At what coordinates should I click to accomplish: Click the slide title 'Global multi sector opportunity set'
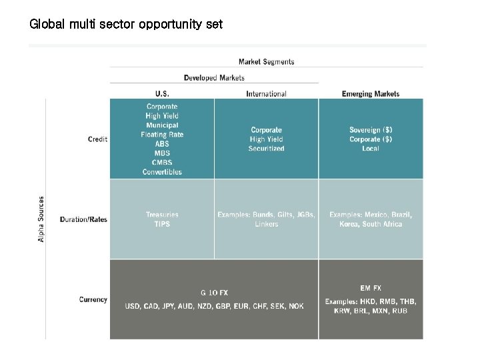click(126, 25)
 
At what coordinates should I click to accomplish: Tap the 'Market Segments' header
click(266, 62)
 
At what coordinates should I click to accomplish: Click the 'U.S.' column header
click(162, 94)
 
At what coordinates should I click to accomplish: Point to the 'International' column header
click(266, 94)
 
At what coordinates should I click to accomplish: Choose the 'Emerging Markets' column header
click(371, 94)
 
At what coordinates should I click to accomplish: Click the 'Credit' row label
click(97, 139)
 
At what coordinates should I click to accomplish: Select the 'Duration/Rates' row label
click(83, 219)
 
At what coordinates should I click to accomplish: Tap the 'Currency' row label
click(93, 300)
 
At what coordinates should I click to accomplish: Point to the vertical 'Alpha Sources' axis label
click(41, 219)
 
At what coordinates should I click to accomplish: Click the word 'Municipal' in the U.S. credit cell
click(162, 125)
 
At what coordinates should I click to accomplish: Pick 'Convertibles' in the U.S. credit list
click(162, 172)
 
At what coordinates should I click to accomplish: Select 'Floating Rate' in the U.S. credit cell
click(162, 135)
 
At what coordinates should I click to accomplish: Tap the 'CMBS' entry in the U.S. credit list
click(162, 163)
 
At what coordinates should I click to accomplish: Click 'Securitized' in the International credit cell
click(266, 149)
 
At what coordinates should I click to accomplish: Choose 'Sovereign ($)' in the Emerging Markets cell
click(371, 130)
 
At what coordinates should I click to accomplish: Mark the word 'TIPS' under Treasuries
click(162, 224)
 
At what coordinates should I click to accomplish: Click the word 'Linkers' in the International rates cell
click(266, 225)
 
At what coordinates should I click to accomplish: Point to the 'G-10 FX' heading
click(214, 293)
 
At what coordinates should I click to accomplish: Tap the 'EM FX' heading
click(371, 288)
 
